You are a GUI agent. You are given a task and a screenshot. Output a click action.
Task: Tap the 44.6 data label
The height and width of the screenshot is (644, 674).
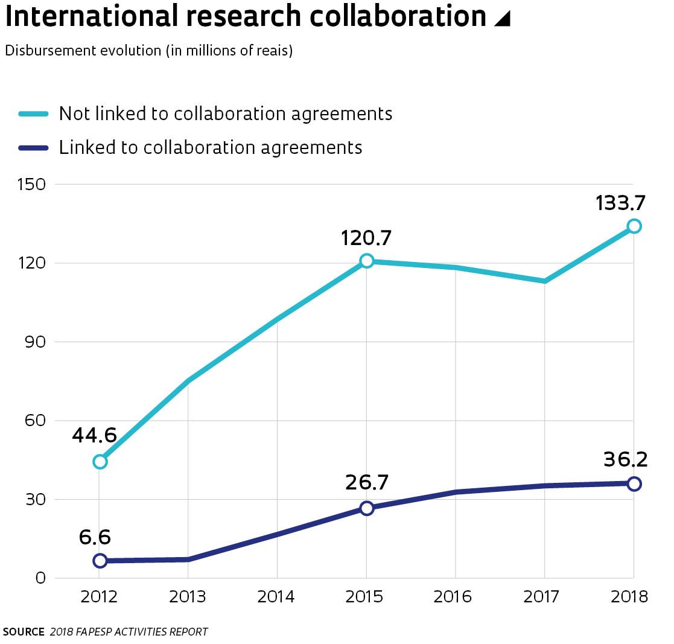[x=94, y=435]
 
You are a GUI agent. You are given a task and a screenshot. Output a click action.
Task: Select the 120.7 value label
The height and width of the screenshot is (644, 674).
[x=366, y=238]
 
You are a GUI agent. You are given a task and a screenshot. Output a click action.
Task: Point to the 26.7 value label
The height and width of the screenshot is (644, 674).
[x=367, y=483]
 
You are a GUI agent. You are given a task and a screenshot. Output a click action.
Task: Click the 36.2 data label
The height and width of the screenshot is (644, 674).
[x=625, y=460]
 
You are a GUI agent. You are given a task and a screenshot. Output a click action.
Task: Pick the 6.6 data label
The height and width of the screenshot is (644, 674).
[x=95, y=537]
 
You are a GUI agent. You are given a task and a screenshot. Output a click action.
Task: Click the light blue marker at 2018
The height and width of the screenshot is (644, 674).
[x=634, y=226]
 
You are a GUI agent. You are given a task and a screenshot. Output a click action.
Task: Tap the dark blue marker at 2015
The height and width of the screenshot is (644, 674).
[x=367, y=508]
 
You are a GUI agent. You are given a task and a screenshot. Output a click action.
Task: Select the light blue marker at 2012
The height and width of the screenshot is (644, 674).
[x=100, y=462]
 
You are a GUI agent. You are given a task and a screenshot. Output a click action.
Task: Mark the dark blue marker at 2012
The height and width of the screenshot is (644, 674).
[x=100, y=561]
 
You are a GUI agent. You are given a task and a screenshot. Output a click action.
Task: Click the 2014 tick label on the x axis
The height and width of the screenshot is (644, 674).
[x=276, y=597]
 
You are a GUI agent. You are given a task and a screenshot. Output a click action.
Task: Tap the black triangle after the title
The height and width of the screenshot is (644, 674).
[x=502, y=19]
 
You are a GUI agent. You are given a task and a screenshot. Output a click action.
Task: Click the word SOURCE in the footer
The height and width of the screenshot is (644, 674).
[x=24, y=632]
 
